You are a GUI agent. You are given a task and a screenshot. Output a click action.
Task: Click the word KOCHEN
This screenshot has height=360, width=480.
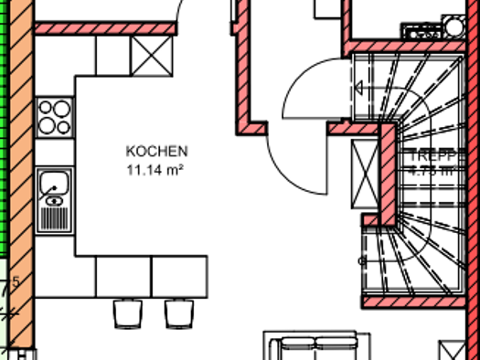click(x=157, y=151)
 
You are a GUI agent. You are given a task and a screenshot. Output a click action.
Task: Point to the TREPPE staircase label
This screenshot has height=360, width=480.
click(x=432, y=154)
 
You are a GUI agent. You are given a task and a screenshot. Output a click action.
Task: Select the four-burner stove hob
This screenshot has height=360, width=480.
click(x=54, y=117)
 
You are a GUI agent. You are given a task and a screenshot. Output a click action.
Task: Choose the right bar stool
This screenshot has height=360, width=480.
click(x=176, y=313)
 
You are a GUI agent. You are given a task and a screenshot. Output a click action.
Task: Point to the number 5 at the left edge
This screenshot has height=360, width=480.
click(x=16, y=281)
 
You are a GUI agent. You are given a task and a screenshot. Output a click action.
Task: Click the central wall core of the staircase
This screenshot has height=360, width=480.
click(x=389, y=174)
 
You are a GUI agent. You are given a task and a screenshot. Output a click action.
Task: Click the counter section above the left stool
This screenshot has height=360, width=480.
click(x=123, y=277)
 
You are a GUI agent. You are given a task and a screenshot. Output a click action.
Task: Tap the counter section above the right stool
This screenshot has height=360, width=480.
click(x=178, y=277)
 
